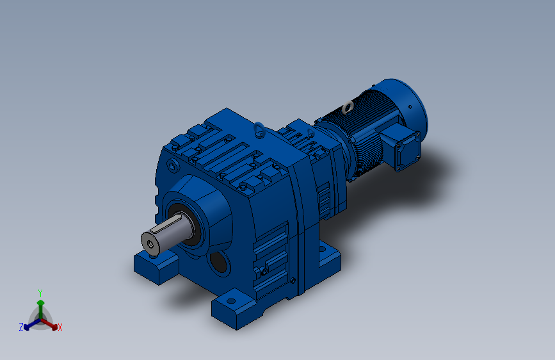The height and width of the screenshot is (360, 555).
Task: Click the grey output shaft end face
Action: [150, 244]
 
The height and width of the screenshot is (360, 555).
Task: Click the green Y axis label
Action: [40, 293]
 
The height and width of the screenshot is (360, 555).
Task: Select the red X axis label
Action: [60, 327]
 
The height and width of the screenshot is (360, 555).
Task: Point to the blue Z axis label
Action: [21, 327]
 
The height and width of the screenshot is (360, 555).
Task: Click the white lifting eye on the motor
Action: [348, 106]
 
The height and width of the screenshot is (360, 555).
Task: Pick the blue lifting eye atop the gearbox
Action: [259, 129]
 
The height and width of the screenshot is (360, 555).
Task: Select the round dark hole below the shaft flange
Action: [220, 262]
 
